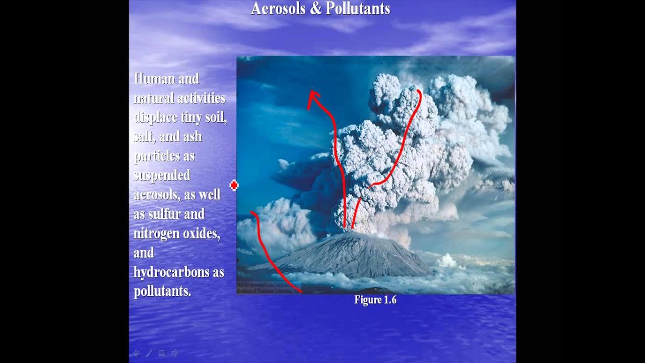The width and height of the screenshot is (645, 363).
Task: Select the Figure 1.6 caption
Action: tap(375, 300)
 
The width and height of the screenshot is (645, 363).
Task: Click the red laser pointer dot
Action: tap(234, 186)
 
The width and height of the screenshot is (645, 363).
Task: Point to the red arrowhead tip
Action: tap(311, 92)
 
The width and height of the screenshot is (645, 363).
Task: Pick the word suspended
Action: tap(162, 175)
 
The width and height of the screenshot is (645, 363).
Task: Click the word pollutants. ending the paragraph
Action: tap(162, 291)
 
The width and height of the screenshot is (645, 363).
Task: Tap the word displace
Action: tap(155, 117)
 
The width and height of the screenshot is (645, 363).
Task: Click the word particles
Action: tap(157, 156)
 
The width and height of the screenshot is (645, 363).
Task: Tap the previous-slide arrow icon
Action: tap(136, 353)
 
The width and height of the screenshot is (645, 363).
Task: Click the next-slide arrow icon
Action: tap(175, 353)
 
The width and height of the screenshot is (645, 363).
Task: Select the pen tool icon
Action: tap(149, 353)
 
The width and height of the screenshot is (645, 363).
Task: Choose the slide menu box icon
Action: tap(162, 353)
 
